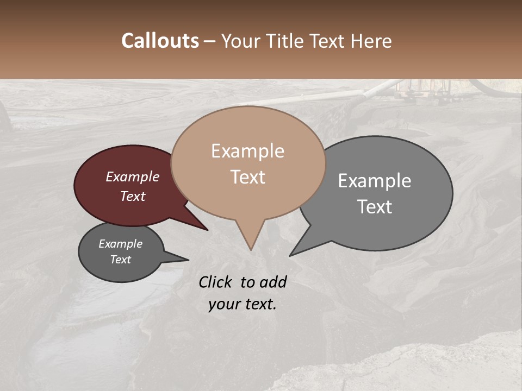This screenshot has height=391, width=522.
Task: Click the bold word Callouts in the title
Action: [160, 41]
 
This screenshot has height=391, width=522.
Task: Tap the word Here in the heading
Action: [371, 41]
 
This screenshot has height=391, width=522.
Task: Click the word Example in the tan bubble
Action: [247, 151]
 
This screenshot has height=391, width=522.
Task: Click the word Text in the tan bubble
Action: [248, 177]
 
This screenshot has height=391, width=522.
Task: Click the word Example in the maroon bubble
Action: [133, 176]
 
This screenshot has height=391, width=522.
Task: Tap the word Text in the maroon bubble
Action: [133, 196]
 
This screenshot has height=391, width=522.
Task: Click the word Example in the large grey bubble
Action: [375, 181]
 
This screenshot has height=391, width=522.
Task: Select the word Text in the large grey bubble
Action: [375, 207]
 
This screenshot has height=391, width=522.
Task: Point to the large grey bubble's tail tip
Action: [291, 255]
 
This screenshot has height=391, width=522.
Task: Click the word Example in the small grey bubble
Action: [120, 244]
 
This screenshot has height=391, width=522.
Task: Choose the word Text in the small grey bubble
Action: [120, 260]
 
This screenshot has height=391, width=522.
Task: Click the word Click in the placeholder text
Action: [216, 282]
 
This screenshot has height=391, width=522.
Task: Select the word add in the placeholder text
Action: [273, 282]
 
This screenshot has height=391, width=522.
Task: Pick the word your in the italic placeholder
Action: [224, 304]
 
